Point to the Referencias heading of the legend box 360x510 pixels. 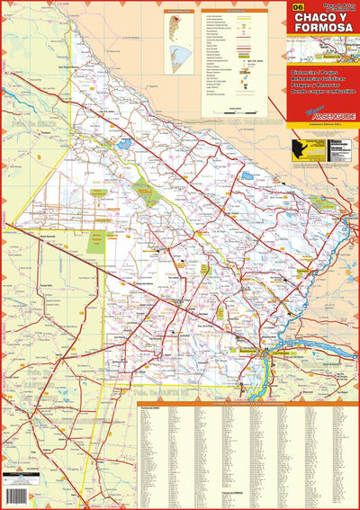click(236, 12)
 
